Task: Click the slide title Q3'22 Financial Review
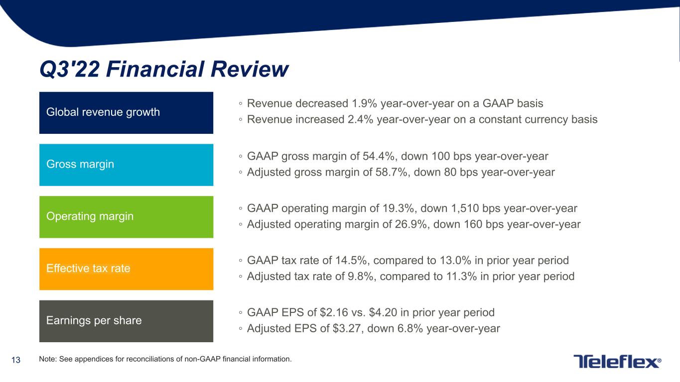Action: tap(164, 70)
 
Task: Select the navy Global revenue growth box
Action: tap(126, 112)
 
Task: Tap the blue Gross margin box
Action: tap(126, 165)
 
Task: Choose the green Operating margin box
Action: tap(126, 217)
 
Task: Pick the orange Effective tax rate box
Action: tap(126, 269)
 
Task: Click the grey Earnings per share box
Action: tap(126, 321)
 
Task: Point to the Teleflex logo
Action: tap(617, 362)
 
